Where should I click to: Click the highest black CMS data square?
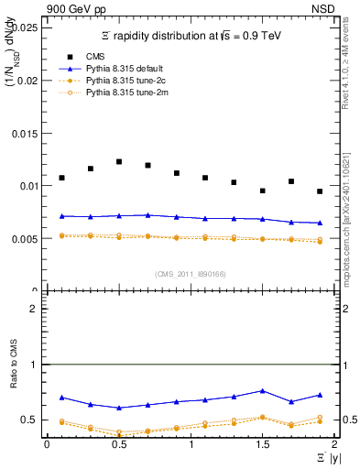coord(119,161)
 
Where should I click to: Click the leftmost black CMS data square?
coord(61,178)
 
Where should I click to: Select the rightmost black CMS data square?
coord(320,191)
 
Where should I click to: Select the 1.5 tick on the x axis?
coord(262,444)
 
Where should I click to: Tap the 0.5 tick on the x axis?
coord(118,444)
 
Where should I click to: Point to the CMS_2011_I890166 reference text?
coord(190,275)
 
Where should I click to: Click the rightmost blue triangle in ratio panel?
coord(320,395)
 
